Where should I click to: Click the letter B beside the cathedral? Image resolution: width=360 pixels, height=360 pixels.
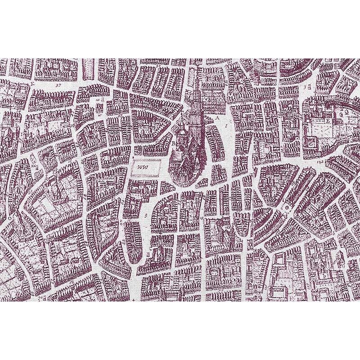(x=173, y=143)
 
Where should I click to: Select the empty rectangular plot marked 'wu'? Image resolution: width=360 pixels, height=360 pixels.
(x=146, y=168)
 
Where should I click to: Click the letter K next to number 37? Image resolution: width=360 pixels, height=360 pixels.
(x=32, y=84)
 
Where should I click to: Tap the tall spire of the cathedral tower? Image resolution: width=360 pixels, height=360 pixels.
(x=196, y=90)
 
